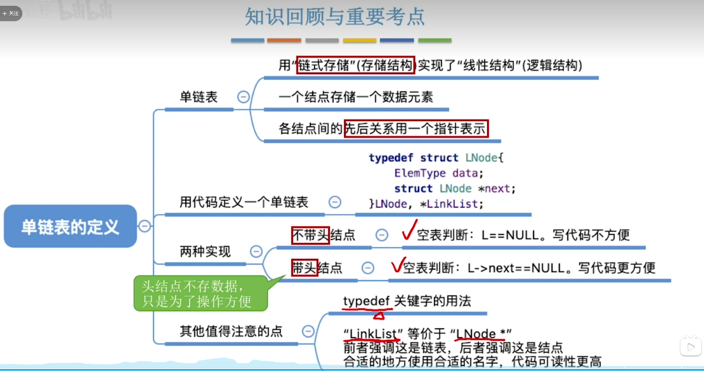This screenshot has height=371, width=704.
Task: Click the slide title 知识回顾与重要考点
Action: click(x=334, y=17)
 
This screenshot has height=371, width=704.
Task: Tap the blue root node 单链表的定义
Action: click(x=70, y=226)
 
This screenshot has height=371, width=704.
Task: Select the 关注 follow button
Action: click(x=11, y=13)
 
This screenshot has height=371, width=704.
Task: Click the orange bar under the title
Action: click(x=284, y=40)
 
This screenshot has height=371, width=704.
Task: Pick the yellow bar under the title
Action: click(x=360, y=40)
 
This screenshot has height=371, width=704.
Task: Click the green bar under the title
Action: click(x=435, y=40)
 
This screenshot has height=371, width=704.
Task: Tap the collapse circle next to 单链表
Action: click(x=243, y=97)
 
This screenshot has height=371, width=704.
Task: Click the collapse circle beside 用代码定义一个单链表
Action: click(x=335, y=202)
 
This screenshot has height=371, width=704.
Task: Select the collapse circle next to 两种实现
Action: click(x=256, y=251)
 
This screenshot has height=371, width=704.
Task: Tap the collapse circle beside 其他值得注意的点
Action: click(x=308, y=331)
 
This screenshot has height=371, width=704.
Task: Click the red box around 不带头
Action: click(x=311, y=235)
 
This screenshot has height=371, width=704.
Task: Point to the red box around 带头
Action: click(x=304, y=268)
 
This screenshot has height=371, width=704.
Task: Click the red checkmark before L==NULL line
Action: click(x=409, y=230)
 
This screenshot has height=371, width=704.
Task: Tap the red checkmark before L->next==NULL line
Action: click(x=398, y=265)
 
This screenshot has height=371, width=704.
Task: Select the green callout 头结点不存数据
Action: click(x=201, y=293)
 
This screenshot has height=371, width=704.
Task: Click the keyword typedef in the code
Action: click(x=391, y=158)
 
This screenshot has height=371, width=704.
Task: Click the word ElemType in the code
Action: click(x=420, y=173)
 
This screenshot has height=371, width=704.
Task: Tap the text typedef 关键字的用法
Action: click(x=407, y=301)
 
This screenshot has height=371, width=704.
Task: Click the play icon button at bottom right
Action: click(x=690, y=347)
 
